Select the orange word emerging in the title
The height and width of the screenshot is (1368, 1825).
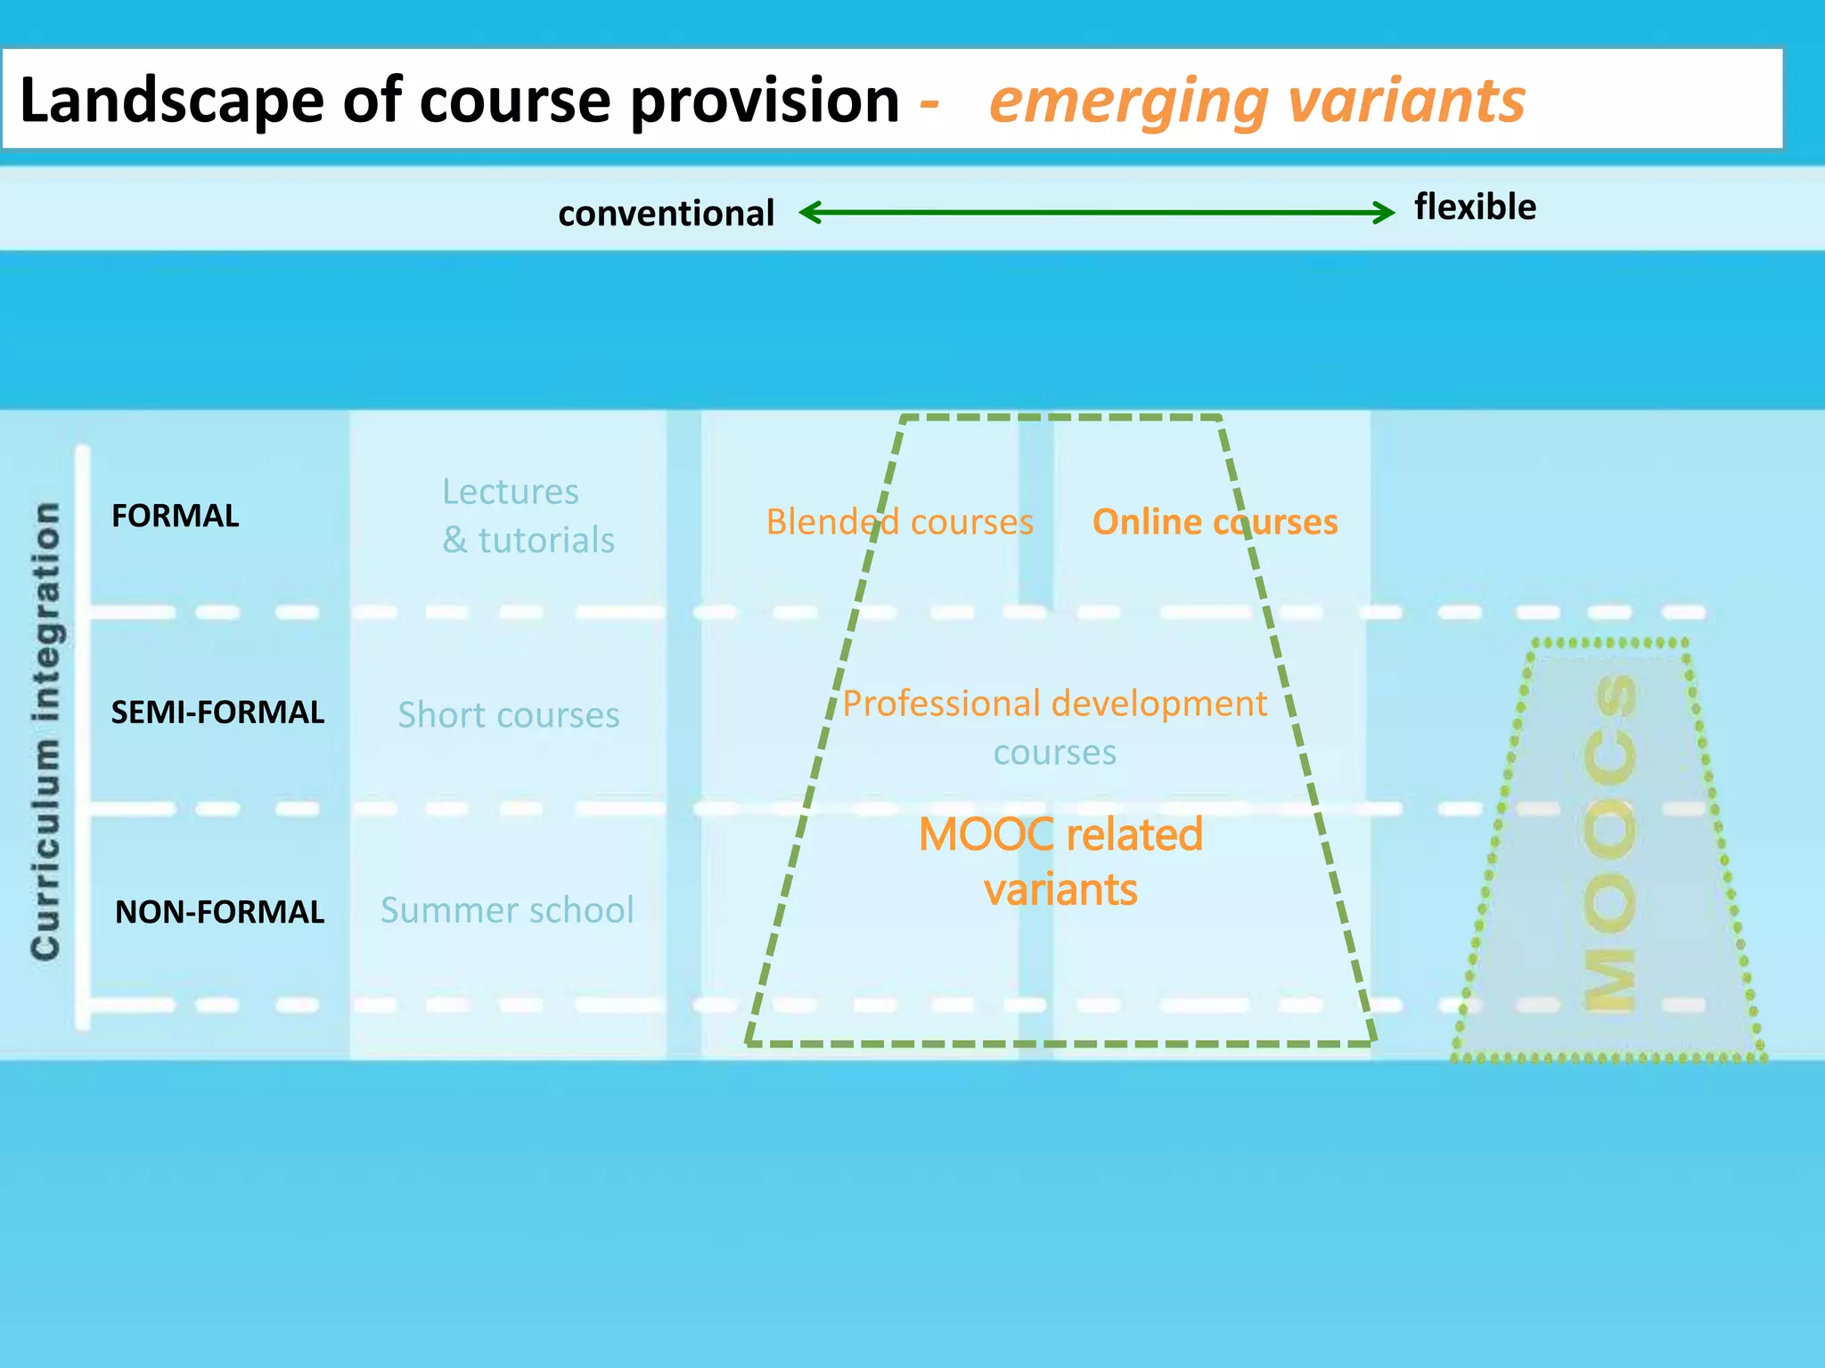[x=1128, y=101]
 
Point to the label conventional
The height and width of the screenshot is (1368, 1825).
[x=666, y=214]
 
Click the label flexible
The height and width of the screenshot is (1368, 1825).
[x=1475, y=207]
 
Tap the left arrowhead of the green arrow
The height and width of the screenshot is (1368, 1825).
[x=807, y=212]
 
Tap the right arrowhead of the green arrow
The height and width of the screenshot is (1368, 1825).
[x=1386, y=212]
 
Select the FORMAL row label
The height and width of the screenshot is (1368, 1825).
[x=175, y=516]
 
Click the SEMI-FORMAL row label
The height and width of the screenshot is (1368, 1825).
[x=217, y=712]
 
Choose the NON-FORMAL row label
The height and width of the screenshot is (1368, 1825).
[x=219, y=912]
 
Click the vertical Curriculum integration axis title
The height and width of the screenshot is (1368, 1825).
[x=45, y=730]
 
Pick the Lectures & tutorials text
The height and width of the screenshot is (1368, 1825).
[x=528, y=516]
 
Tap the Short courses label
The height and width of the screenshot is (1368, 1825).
[x=508, y=715]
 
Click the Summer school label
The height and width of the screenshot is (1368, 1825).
[x=507, y=910]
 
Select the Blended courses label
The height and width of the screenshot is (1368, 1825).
[x=899, y=522]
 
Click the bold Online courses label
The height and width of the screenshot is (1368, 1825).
[x=1215, y=522]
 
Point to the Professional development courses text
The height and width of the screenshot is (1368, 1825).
[x=1054, y=727]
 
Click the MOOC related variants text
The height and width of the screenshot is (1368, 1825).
[x=1060, y=861]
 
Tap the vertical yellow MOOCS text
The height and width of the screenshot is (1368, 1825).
[x=1609, y=842]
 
